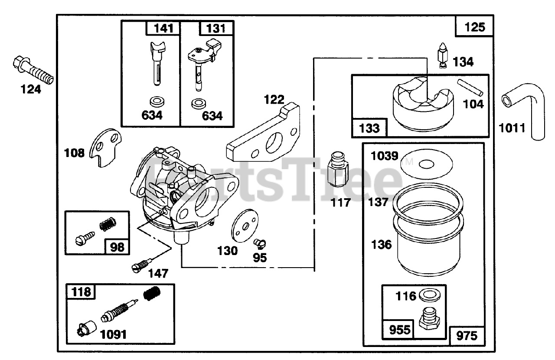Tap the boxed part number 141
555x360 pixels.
tap(163, 29)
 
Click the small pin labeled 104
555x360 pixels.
tap(470, 87)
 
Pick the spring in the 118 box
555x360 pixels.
tap(152, 295)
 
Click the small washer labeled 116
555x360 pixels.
tap(430, 296)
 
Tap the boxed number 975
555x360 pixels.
tap(467, 335)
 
